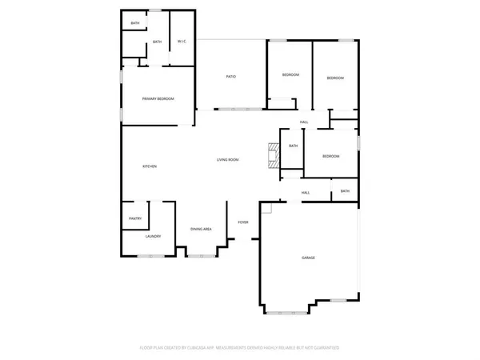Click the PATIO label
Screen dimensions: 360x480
(230, 77)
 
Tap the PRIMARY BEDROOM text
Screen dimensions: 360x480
(158, 98)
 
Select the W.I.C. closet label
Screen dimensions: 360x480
(182, 42)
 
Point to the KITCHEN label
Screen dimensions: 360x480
(150, 166)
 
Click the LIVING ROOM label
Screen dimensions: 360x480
(228, 160)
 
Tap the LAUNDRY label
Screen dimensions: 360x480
(154, 237)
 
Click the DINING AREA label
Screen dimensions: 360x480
(201, 230)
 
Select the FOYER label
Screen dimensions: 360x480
(243, 222)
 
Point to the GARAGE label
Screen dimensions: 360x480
(308, 258)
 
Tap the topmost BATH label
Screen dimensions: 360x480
(135, 23)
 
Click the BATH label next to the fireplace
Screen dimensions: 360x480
(294, 146)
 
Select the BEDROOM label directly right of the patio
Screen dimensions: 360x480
(290, 75)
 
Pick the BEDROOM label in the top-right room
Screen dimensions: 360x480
(335, 78)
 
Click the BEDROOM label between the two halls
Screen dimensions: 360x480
(331, 157)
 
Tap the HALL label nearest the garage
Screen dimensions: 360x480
(306, 193)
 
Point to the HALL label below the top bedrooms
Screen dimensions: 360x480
(304, 122)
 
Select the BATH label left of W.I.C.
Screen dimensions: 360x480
(157, 42)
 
